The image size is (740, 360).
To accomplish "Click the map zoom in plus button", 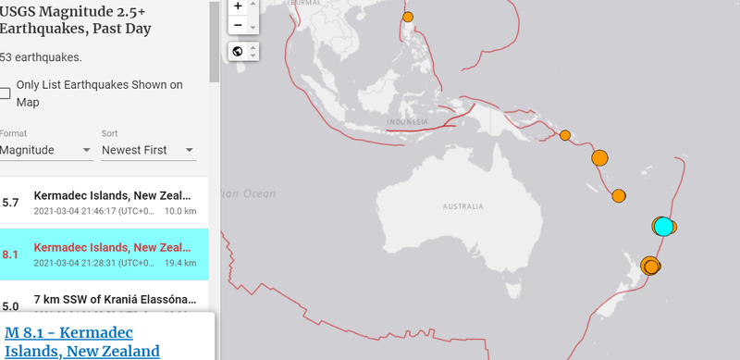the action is coord(239,6).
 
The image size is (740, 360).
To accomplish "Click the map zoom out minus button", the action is coord(239,25).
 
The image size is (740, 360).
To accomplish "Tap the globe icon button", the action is coord(239,51).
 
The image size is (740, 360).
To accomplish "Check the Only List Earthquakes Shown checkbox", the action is coord(6,93).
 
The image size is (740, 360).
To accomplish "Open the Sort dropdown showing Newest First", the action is coord(148,150).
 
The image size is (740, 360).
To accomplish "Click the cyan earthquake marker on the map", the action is coord(662,226).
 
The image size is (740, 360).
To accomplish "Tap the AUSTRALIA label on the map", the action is coord(464,206).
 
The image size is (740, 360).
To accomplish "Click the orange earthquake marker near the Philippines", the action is coord(408,17).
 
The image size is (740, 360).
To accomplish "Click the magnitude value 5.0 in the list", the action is coord(11,306).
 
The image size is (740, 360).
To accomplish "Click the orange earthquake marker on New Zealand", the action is coord(652,267).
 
